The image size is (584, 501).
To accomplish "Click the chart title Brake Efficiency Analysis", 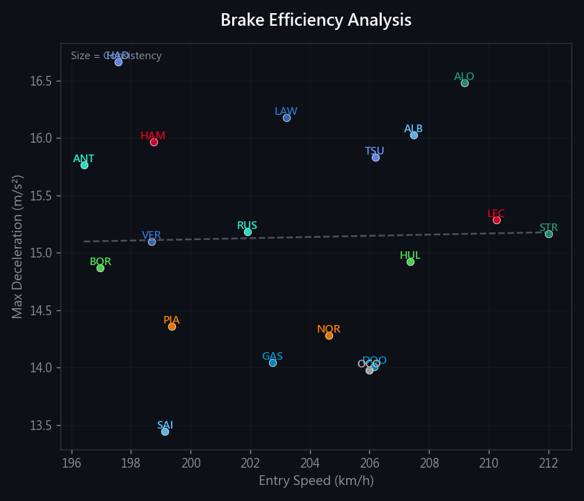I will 316,20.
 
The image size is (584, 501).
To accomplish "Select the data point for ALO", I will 464,83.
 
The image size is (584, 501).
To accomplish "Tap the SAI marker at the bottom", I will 165,431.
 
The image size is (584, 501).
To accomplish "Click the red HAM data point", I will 154,142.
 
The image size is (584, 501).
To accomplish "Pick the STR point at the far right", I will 549,234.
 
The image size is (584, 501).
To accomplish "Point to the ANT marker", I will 84,165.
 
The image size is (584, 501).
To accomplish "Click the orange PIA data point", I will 172,326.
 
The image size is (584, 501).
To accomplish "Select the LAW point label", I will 286,111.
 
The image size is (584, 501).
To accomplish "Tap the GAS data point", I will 273,363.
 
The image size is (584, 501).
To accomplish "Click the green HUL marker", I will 410,262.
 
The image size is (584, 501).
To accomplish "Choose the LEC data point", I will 496,220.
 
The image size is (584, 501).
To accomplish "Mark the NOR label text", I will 328,329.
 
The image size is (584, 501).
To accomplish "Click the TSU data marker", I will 375,157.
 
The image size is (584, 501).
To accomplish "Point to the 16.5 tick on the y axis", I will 41,81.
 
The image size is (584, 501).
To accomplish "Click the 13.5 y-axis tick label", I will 41,425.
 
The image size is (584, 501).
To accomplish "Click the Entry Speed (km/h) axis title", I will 316,481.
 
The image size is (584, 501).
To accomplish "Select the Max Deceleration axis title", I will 18,246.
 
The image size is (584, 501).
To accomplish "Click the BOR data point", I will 100,268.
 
